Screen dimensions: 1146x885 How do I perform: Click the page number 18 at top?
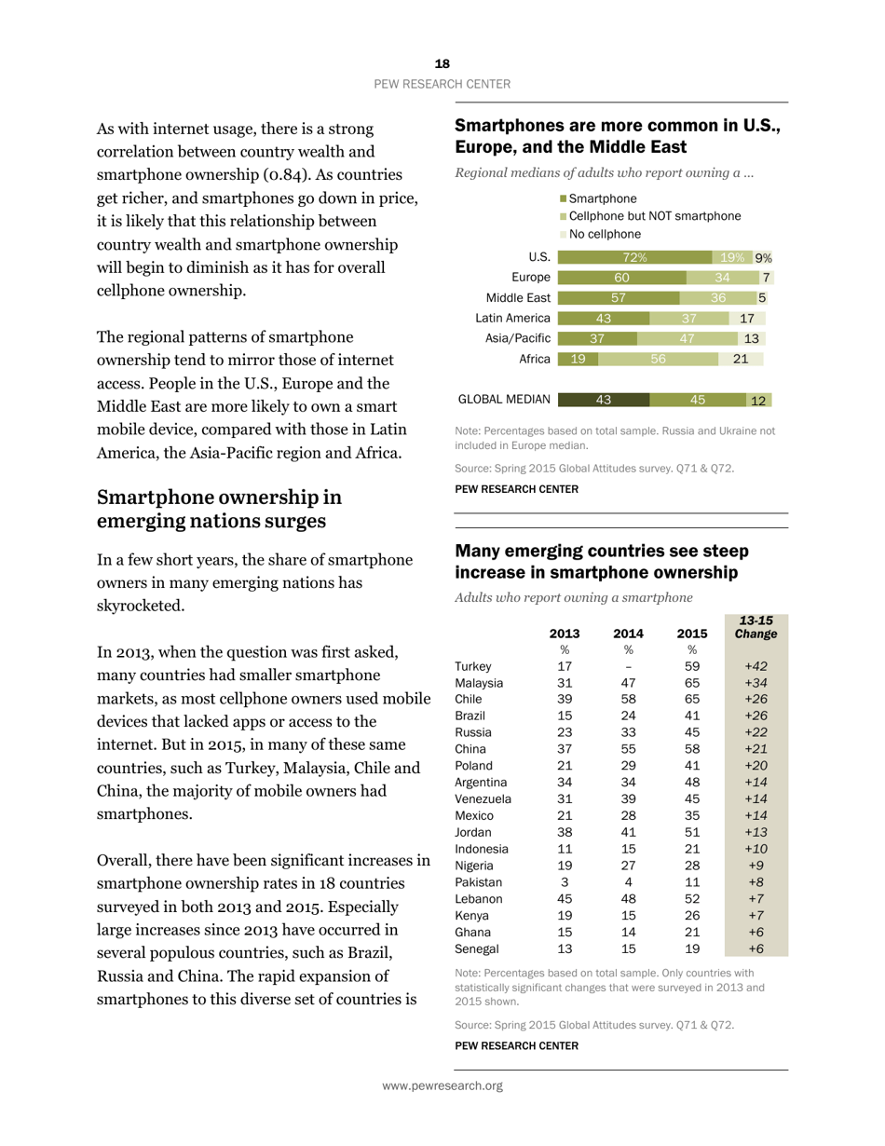442,63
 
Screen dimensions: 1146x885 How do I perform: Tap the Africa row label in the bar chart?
534,359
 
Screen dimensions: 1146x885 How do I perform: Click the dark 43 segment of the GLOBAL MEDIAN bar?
603,400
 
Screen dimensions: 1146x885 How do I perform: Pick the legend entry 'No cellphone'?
605,234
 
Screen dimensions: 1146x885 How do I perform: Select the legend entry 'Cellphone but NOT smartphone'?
654,216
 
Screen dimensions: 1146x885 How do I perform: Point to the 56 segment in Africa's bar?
658,359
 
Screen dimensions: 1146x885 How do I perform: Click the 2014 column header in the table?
628,634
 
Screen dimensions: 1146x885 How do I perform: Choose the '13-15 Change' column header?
756,627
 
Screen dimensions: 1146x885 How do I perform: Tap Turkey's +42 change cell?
756,666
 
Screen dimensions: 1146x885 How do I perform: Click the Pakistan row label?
478,881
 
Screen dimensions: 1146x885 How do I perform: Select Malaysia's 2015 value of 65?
691,683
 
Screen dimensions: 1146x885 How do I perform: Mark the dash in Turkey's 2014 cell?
628,666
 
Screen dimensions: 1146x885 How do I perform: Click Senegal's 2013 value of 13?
565,948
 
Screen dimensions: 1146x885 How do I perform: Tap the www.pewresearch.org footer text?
442,1085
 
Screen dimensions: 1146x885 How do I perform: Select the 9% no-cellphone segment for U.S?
763,258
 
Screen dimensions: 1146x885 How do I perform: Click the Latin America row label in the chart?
512,319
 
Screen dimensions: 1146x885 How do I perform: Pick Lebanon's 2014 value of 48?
628,899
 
